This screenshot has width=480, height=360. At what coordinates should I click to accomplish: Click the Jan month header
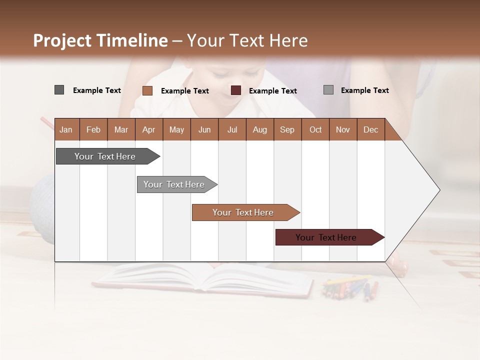[x=66, y=129]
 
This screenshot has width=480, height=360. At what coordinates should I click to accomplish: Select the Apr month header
[x=148, y=129]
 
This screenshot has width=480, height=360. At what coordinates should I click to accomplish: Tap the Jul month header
[x=232, y=129]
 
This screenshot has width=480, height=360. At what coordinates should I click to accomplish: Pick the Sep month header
[x=287, y=129]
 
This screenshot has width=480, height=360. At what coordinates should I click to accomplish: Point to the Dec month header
[x=370, y=129]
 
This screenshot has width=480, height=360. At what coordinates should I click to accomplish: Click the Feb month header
[x=93, y=129]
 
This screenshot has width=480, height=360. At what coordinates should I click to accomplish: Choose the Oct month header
[x=315, y=129]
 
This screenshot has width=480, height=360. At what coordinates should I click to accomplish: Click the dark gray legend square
[x=59, y=90]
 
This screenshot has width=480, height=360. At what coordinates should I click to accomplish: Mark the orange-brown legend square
[x=147, y=90]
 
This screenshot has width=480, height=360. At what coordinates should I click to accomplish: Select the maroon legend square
[x=236, y=90]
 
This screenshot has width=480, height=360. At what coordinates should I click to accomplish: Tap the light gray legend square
[x=328, y=90]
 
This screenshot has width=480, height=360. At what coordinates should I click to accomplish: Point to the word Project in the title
[x=62, y=40]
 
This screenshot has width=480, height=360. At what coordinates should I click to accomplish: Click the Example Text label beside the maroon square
[x=272, y=91]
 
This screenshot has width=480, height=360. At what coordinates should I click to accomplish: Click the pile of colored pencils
[x=350, y=287]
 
